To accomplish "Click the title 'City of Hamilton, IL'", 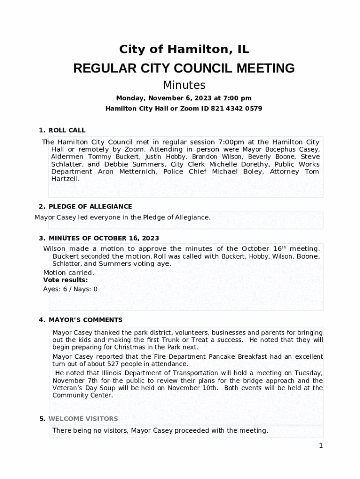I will (x=184, y=50).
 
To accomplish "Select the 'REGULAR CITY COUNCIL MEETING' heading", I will (x=184, y=68).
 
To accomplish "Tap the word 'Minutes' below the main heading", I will (x=184, y=85).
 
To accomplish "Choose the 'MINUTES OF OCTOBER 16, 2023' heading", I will (x=104, y=238).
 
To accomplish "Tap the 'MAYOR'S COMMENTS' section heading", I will (x=86, y=320).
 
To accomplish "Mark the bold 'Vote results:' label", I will (x=65, y=280).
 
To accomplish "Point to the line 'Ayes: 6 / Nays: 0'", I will (x=71, y=289).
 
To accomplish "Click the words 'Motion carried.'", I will (x=69, y=273).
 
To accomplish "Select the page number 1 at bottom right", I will (x=321, y=446).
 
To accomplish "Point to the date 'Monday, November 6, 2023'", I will (x=159, y=98).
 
